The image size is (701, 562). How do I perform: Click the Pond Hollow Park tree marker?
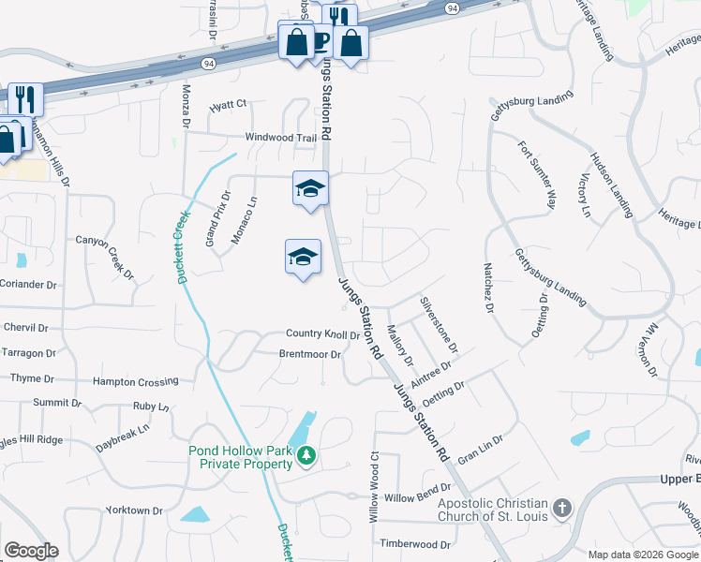click(306, 456)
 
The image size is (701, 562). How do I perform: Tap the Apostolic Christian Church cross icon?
click(561, 509)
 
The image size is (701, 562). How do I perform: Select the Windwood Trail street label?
click(281, 137)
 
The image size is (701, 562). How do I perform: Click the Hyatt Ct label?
click(228, 104)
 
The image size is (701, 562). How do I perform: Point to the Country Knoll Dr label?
click(323, 334)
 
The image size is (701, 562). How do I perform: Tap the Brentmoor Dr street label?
click(309, 354)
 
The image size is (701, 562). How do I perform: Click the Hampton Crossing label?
click(135, 382)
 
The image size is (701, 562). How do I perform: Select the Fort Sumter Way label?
click(538, 175)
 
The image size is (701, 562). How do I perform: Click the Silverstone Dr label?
click(439, 324)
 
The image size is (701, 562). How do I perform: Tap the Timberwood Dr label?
click(416, 543)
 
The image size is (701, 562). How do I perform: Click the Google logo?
click(31, 551)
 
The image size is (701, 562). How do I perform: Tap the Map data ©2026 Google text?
click(642, 555)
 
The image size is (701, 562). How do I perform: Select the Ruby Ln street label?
click(150, 407)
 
